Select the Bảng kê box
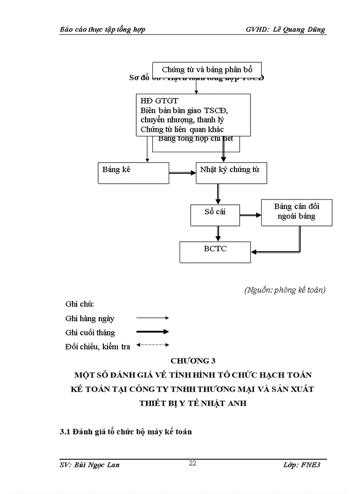[x=133, y=172]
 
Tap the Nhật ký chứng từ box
[x=231, y=172]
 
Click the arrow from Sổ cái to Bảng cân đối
[x=249, y=216]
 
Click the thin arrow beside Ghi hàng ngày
[x=152, y=319]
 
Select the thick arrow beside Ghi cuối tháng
[x=152, y=332]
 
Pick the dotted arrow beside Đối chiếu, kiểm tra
[x=152, y=345]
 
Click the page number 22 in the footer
[x=192, y=464]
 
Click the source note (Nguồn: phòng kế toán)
[x=284, y=290]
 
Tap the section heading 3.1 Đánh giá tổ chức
[x=125, y=432]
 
